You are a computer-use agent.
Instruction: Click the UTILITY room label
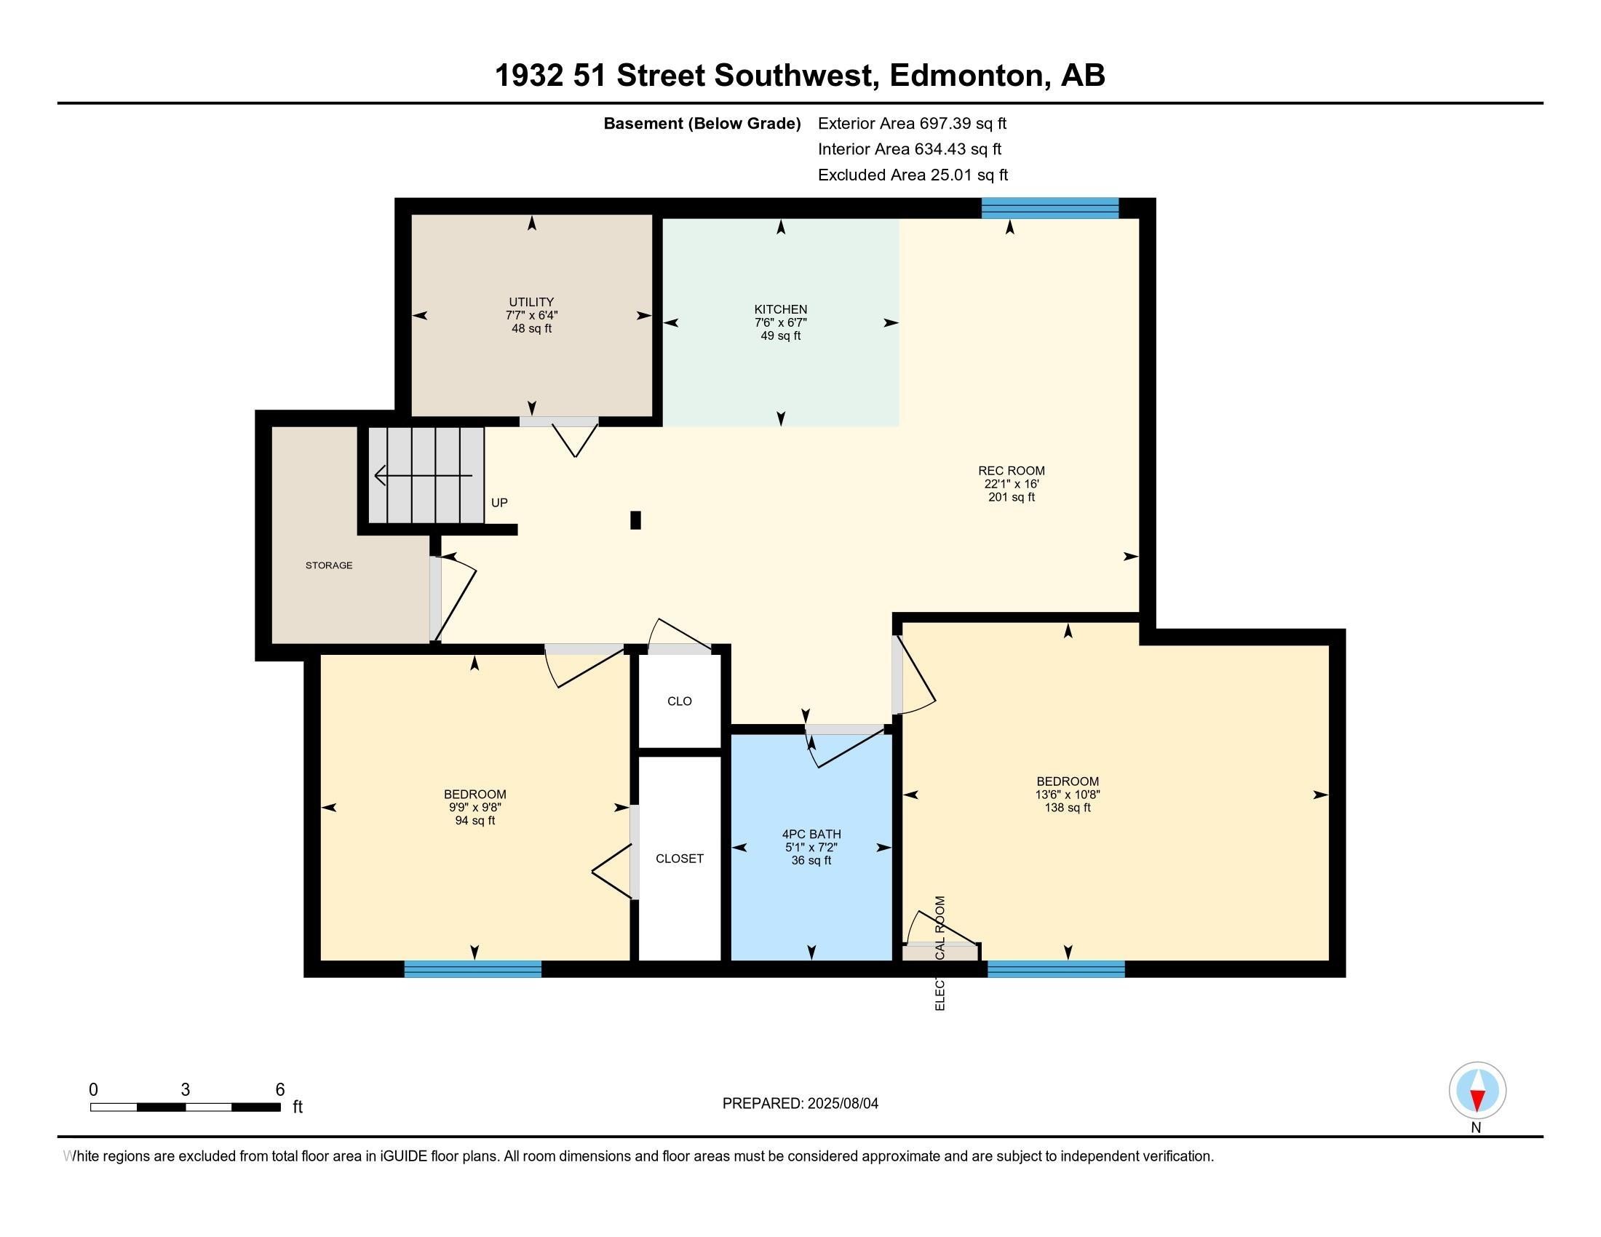[531, 302]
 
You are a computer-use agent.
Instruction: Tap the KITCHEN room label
[781, 309]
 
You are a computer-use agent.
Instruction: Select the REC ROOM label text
[1012, 471]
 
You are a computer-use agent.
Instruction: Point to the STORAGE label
[329, 565]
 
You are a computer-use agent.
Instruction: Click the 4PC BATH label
[811, 834]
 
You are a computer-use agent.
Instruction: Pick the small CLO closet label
[680, 701]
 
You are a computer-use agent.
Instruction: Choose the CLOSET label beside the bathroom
[680, 858]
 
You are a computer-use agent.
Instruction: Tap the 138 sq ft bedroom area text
[1068, 808]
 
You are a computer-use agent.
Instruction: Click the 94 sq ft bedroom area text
[475, 821]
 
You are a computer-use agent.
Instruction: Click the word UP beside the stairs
[499, 503]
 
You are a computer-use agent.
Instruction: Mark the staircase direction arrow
[423, 476]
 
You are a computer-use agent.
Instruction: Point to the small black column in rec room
[635, 520]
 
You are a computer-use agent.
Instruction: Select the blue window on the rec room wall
[1050, 208]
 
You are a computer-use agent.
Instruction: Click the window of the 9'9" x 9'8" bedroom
[473, 968]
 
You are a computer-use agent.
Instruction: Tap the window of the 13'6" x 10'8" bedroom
[1056, 968]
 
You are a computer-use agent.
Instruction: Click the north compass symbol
[1477, 1091]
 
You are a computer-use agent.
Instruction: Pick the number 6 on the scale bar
[279, 1090]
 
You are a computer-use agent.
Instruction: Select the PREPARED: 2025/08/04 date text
[800, 1104]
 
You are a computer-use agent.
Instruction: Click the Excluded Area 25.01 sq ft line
[913, 175]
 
